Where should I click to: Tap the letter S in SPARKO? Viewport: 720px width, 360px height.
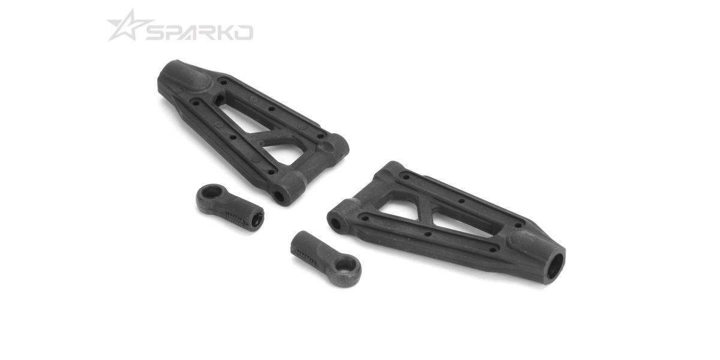157,32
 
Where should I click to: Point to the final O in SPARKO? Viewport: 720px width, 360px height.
242,32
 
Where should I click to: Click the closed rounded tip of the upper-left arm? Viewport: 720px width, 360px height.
180,77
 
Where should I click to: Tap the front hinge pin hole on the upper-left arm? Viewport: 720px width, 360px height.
279,195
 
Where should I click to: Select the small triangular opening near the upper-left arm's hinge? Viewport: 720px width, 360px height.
286,154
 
